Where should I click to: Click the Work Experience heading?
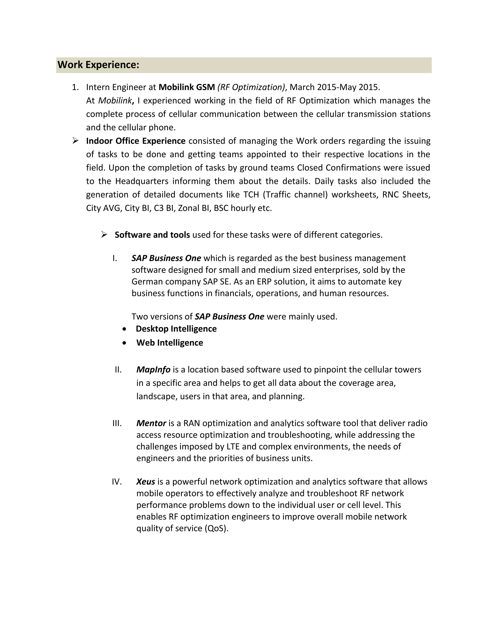[98, 65]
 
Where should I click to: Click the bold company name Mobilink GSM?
[187, 87]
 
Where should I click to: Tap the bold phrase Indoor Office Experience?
[136, 141]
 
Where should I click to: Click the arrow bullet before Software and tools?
[104, 234]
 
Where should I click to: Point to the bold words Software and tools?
[152, 235]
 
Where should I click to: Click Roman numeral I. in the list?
[115, 258]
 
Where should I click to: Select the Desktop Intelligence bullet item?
[176, 329]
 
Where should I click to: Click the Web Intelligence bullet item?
[170, 343]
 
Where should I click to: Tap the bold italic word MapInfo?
[153, 370]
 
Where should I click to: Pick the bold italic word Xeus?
[146, 482]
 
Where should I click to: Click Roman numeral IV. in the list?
[117, 482]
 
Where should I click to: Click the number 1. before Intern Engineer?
[75, 87]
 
